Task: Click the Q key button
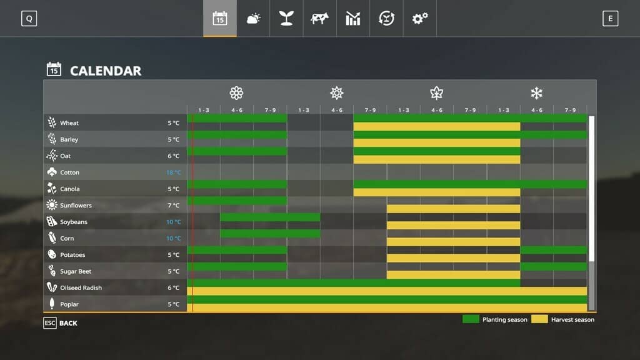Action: pos(29,19)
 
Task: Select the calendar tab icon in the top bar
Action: pos(220,19)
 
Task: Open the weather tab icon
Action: pos(253,19)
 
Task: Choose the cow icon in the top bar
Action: pos(319,19)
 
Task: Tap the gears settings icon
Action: pos(419,19)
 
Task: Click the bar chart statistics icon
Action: pos(353,19)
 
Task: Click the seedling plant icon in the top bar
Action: pos(286,19)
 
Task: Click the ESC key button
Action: pos(50,323)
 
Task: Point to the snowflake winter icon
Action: pos(536,93)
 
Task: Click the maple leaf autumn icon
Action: pos(436,93)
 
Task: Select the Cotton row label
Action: pos(69,172)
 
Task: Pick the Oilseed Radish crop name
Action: pos(81,288)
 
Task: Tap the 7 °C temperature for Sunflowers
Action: pos(174,206)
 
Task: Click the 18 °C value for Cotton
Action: pos(173,172)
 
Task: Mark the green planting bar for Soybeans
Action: pos(270,217)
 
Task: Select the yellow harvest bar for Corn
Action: pos(453,241)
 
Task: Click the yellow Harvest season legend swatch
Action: pos(539,319)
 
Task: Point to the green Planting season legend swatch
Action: pos(471,319)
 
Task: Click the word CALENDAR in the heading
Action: pos(106,71)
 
